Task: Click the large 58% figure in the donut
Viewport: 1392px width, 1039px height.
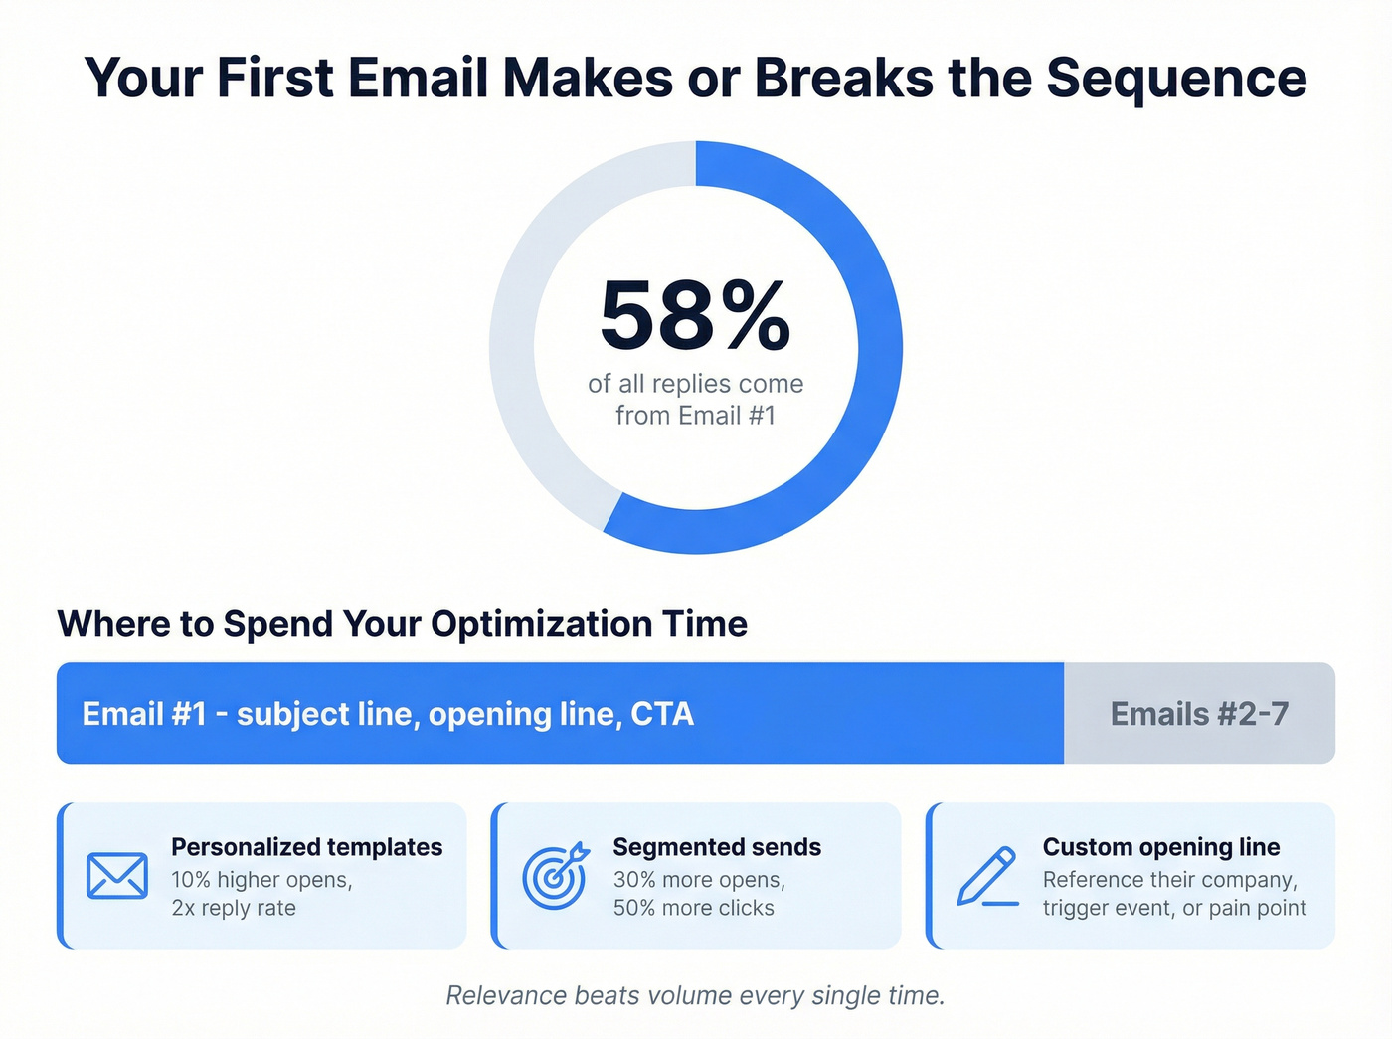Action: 695,316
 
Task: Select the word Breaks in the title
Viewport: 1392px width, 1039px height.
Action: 843,78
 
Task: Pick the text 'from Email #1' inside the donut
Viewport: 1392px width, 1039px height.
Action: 695,416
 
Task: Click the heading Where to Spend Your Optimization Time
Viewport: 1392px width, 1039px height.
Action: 403,624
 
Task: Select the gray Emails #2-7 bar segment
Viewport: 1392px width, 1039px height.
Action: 1199,714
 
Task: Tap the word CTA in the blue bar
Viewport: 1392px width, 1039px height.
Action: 662,714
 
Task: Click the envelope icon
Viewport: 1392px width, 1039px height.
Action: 117,876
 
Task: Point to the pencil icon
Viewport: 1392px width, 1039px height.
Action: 987,876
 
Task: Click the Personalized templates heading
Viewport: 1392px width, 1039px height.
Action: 306,847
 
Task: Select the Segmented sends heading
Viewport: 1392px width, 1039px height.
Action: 717,847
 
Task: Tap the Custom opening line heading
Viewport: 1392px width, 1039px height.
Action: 1161,847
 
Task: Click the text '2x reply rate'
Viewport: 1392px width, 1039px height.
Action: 234,908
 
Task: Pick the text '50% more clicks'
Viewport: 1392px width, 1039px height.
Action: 693,908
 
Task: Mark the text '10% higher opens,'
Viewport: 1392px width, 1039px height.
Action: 261,880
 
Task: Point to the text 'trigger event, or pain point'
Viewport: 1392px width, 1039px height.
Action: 1174,908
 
